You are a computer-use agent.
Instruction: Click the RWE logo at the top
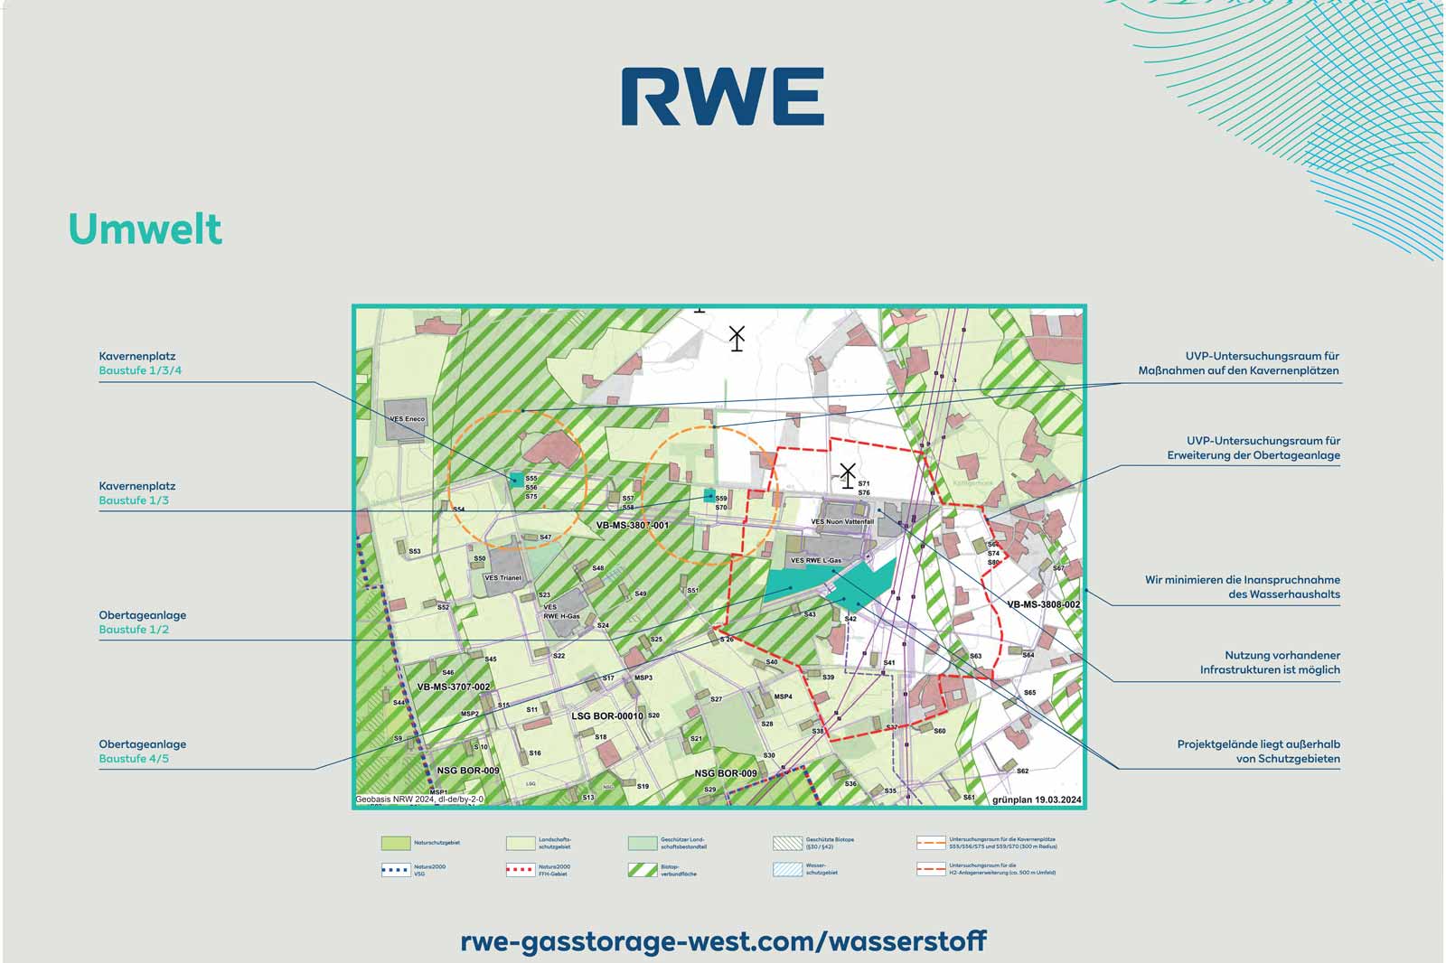(722, 96)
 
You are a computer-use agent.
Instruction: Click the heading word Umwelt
(145, 229)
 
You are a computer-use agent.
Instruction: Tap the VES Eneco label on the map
(407, 419)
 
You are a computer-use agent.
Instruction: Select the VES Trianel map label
(502, 578)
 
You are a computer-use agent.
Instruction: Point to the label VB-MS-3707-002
(454, 687)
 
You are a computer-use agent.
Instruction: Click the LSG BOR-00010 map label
(607, 716)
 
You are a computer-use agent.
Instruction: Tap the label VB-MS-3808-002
(1043, 604)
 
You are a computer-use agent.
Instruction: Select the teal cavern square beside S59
(709, 496)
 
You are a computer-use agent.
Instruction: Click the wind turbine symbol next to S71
(847, 475)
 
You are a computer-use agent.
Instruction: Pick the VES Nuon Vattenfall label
(842, 522)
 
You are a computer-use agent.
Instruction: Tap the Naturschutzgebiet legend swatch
(395, 843)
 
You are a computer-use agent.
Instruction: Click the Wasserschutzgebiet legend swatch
(787, 870)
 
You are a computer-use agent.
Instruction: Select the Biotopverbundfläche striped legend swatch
(642, 870)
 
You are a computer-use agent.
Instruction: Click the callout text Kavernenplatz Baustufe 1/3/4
(140, 363)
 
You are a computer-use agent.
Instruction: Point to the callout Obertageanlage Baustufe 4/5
(142, 752)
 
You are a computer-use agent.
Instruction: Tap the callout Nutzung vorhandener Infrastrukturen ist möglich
(1270, 662)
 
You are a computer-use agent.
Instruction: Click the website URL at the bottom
(723, 941)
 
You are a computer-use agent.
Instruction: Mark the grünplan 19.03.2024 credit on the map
(1036, 800)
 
